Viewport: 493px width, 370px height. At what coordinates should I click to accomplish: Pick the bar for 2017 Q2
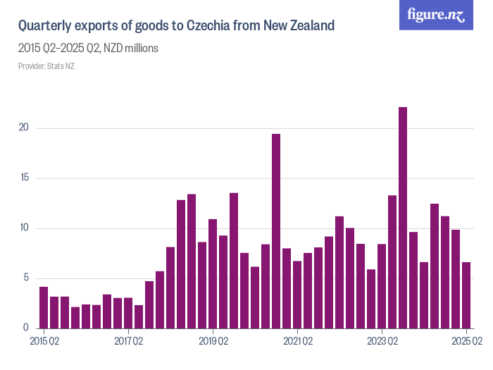[x=128, y=313]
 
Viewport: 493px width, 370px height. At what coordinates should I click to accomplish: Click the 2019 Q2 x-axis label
[x=213, y=342]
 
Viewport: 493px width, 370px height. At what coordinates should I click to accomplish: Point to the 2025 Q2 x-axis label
[x=466, y=342]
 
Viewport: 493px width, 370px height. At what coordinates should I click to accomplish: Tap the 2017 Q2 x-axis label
[x=129, y=342]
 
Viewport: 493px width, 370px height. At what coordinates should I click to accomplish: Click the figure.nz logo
[x=436, y=15]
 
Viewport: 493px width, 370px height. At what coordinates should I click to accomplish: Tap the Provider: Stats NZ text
[x=46, y=66]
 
